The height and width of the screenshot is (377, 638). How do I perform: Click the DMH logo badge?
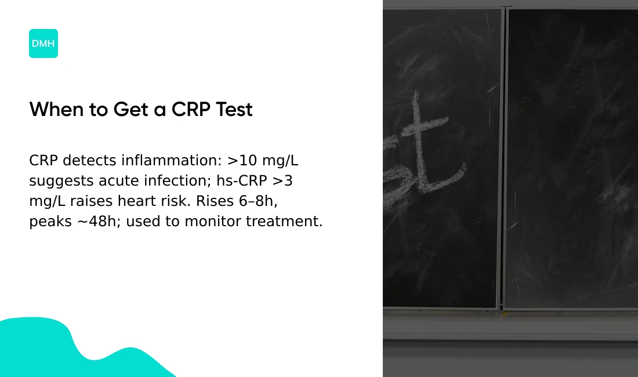[x=43, y=43]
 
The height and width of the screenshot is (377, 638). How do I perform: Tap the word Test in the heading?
[x=234, y=110]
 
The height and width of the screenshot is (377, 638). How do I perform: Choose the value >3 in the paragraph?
[x=282, y=181]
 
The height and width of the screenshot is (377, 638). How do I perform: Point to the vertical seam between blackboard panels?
[x=503, y=157]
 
